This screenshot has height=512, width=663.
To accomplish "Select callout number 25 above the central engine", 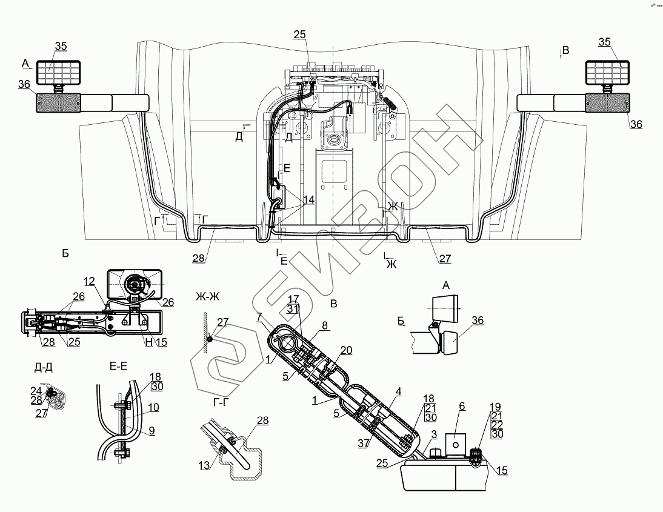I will (x=299, y=35).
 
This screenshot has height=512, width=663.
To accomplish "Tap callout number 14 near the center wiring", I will (x=308, y=199).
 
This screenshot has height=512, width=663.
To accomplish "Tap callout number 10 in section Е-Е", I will (x=153, y=408).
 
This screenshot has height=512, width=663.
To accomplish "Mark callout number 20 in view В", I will (x=346, y=350).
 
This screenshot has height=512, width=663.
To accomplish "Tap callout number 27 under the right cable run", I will (x=445, y=259).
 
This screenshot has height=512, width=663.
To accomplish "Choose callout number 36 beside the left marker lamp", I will (x=24, y=85).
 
